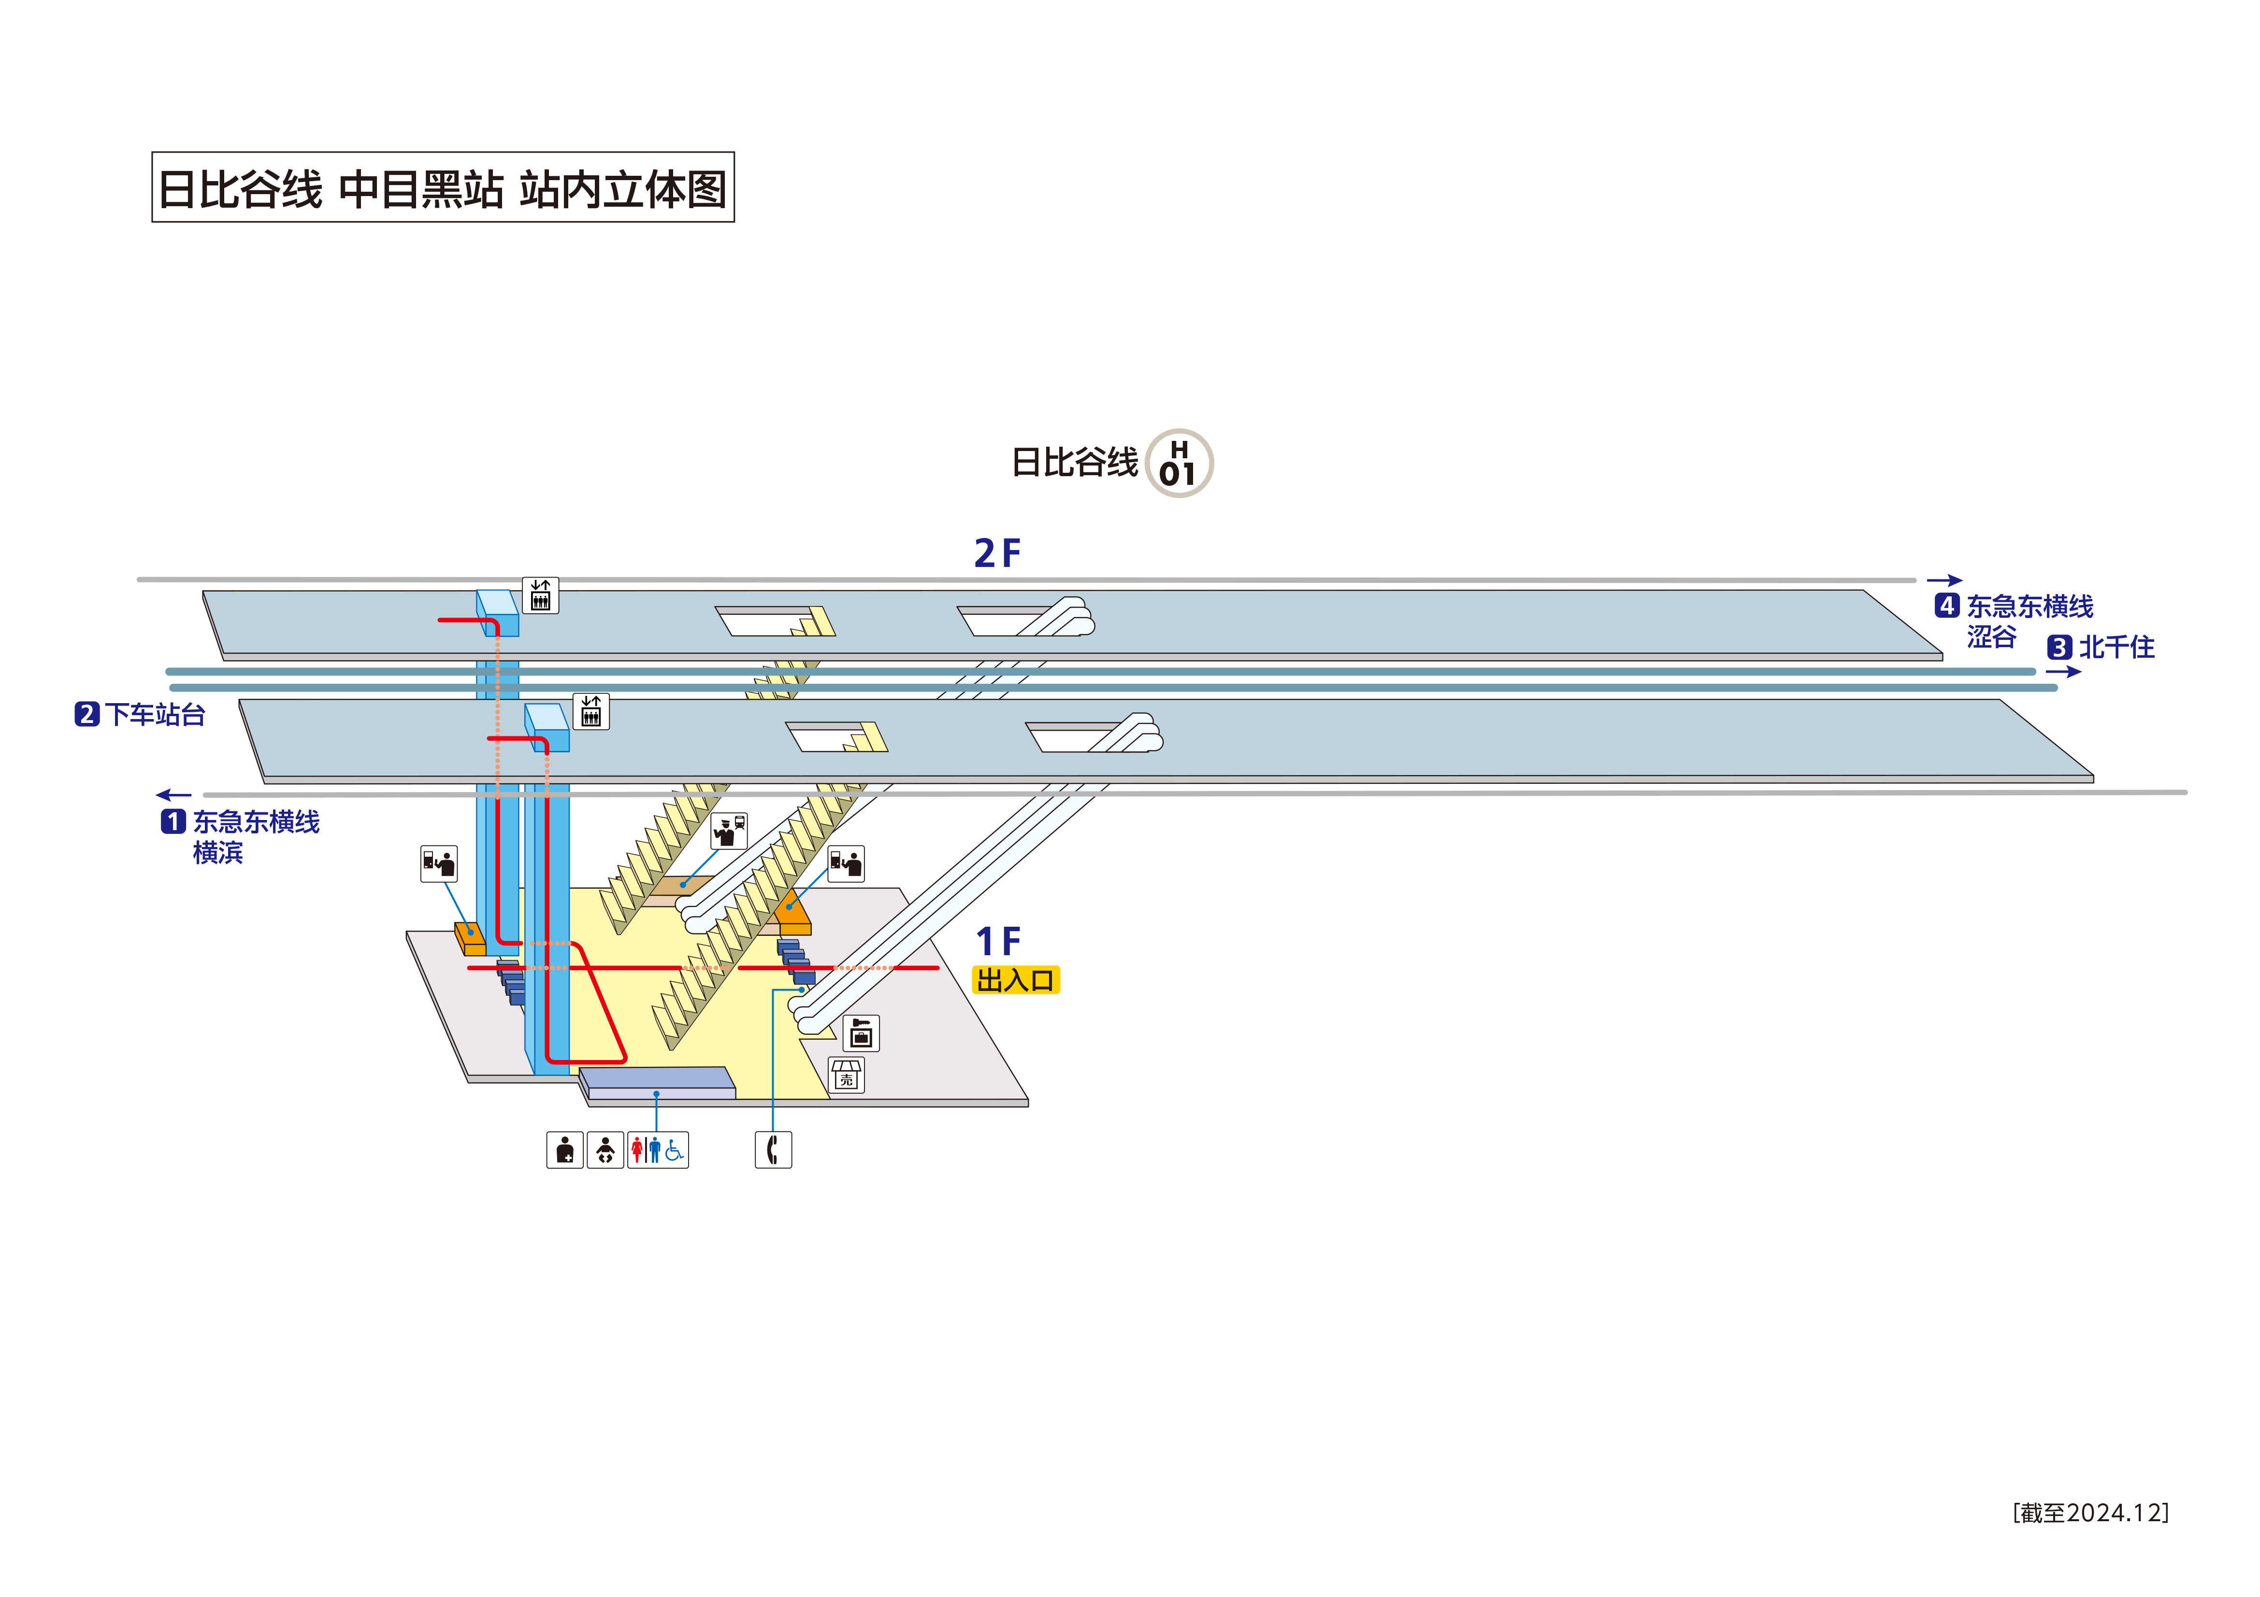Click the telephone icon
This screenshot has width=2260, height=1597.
[773, 1149]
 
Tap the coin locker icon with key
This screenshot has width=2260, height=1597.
[861, 1033]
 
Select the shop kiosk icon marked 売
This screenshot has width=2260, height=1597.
[847, 1075]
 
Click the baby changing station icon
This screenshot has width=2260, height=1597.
[605, 1149]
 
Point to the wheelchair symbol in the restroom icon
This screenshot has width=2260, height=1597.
[674, 1149]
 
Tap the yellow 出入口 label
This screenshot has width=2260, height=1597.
[1016, 980]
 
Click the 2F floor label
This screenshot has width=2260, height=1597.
[997, 554]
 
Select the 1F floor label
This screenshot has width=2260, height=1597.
[997, 942]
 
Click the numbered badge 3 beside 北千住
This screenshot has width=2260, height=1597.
[2059, 648]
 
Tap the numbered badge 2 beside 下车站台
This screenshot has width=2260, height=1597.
[86, 714]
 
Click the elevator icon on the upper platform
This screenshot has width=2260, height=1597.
[540, 595]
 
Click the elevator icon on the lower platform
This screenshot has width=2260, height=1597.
[590, 711]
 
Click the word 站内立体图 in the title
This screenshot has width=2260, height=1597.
[623, 189]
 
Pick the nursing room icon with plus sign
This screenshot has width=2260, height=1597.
[565, 1149]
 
